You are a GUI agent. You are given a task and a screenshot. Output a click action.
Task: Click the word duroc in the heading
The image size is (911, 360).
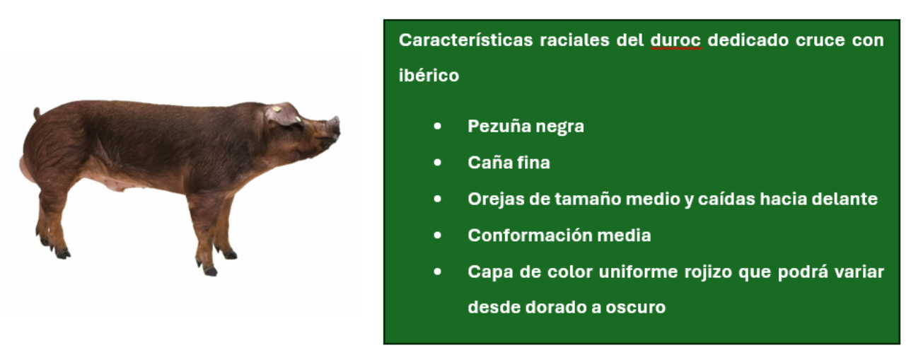pyautogui.click(x=676, y=40)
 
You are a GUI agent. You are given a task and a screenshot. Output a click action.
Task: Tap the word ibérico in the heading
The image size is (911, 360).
pyautogui.click(x=429, y=76)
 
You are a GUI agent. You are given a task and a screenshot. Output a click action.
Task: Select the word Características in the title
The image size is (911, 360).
pyautogui.click(x=465, y=40)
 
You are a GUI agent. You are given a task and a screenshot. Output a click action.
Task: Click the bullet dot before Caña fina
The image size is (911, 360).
pyautogui.click(x=438, y=163)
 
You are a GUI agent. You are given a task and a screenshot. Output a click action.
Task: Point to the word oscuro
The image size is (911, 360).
pyautogui.click(x=636, y=308)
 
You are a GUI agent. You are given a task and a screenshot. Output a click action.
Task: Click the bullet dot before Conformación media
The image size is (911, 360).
pyautogui.click(x=438, y=236)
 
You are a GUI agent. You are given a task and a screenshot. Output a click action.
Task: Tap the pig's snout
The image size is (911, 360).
pyautogui.click(x=335, y=126)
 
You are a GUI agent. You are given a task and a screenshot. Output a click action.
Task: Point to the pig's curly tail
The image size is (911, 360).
pyautogui.click(x=37, y=112)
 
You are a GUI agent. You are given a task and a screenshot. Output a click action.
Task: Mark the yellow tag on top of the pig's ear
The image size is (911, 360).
pyautogui.click(x=277, y=109)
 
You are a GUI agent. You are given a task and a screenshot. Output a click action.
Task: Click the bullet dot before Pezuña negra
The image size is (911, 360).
pyautogui.click(x=438, y=127)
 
